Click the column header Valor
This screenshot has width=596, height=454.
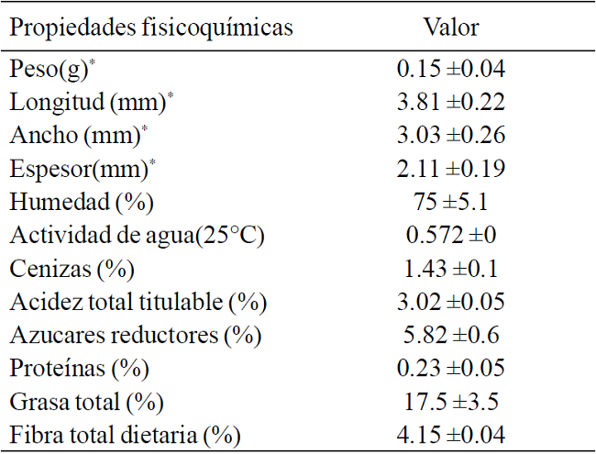[450, 27]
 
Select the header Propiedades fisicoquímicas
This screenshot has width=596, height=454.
[151, 27]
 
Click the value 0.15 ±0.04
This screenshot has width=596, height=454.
[450, 69]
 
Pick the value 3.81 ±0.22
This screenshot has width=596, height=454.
[450, 102]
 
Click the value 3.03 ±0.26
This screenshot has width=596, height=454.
[450, 135]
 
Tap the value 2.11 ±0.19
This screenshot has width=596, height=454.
[450, 169]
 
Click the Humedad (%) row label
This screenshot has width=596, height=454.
[81, 202]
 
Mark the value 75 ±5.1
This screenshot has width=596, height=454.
[450, 202]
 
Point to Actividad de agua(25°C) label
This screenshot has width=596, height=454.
[138, 235]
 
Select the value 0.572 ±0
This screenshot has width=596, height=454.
[450, 235]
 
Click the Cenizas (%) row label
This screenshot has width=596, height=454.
[72, 269]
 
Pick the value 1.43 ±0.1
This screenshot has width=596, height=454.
[450, 269]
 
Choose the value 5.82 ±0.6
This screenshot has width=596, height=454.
[450, 335]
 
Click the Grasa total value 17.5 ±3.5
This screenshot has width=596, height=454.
[450, 402]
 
